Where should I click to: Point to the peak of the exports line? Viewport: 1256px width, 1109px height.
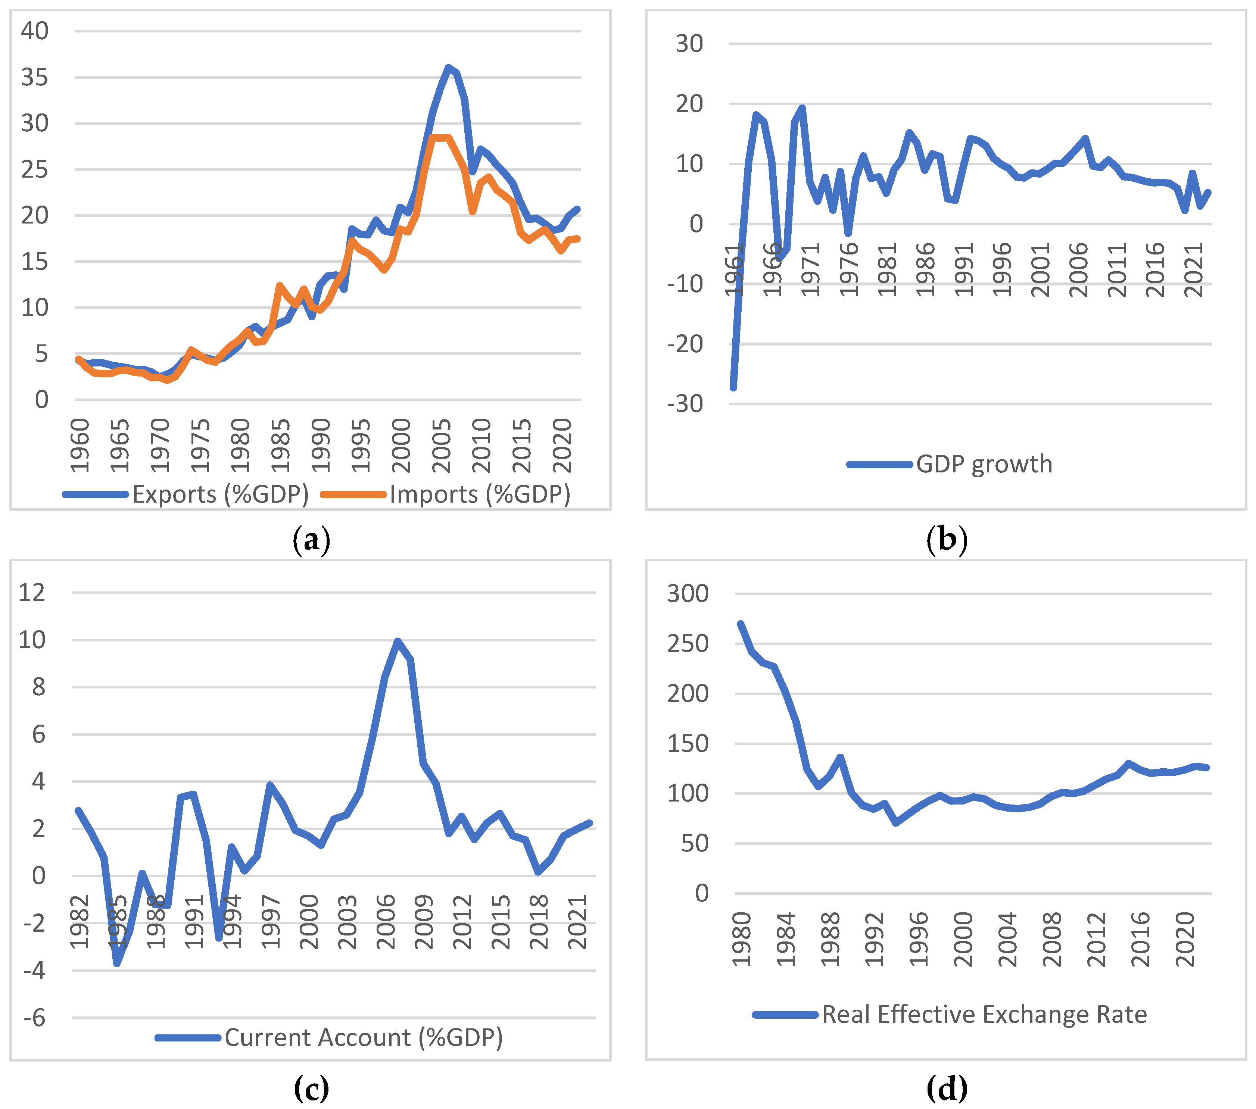[449, 67]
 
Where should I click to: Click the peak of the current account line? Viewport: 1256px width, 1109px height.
[398, 641]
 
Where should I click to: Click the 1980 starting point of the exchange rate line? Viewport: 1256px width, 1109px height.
[741, 624]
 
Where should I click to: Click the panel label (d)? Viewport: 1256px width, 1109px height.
[946, 1089]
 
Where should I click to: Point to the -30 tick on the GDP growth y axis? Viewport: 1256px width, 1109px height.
[685, 404]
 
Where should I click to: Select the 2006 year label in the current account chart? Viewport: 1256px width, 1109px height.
[386, 922]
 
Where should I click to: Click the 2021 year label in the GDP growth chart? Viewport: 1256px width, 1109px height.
[1193, 270]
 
